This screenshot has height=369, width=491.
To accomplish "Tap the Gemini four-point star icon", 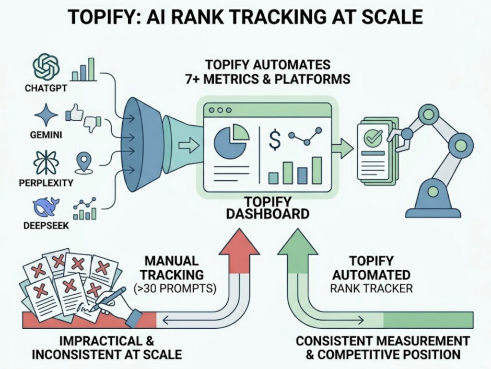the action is (47, 115).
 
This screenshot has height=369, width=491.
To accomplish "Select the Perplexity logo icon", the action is (46, 162).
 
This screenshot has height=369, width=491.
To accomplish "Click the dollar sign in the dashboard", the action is (275, 139).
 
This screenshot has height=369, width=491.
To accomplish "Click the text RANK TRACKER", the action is (372, 288).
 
